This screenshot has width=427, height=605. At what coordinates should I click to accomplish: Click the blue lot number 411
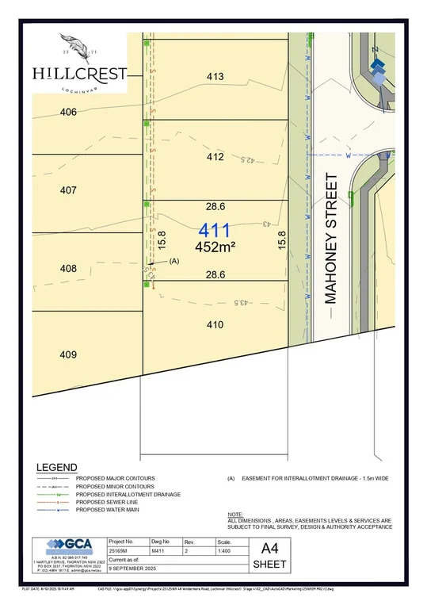click(x=215, y=232)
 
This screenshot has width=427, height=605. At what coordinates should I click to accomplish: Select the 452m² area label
click(x=215, y=247)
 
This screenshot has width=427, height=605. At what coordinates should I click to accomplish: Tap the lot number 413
click(x=215, y=77)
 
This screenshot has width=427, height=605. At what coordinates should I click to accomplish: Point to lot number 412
click(x=215, y=157)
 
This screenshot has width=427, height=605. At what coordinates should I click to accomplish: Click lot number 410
click(x=215, y=324)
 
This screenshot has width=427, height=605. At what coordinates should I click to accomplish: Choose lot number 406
click(x=68, y=113)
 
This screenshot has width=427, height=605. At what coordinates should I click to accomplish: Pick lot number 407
click(x=68, y=190)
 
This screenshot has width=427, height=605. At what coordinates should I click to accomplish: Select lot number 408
click(x=68, y=269)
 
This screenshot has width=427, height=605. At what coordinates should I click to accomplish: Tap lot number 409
click(x=68, y=354)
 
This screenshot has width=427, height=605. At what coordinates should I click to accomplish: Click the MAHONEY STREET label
click(x=331, y=240)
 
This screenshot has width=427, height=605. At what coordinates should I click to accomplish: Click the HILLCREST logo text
click(x=79, y=73)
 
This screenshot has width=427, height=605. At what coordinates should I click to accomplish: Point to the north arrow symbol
click(x=378, y=67)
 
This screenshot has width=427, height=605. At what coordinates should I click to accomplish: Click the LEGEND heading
click(x=56, y=467)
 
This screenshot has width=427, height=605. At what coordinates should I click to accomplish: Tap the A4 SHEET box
click(x=269, y=556)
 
